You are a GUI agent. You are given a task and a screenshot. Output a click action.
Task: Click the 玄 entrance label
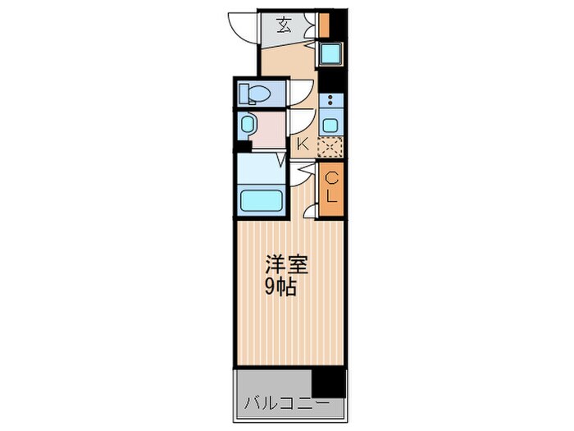(283, 25)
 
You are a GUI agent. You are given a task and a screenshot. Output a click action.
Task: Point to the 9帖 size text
(281, 287)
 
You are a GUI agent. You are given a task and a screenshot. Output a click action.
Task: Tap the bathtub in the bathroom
(261, 199)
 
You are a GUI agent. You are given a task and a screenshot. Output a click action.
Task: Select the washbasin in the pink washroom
(248, 125)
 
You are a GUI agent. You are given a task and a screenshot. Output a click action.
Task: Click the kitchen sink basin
(330, 126)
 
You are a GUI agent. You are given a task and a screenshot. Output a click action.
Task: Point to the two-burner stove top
(330, 103)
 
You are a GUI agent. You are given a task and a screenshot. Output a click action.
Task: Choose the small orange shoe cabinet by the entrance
(325, 25)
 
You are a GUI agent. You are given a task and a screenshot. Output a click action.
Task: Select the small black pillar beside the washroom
(242, 147)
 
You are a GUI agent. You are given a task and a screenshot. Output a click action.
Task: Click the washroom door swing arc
(298, 123)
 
